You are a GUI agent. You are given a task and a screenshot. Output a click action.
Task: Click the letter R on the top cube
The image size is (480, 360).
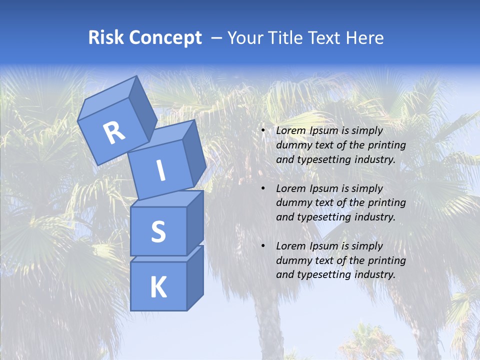(113, 133)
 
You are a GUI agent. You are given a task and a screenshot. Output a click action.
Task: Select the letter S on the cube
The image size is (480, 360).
(158, 232)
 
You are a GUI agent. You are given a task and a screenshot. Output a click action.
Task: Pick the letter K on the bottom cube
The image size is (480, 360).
(158, 287)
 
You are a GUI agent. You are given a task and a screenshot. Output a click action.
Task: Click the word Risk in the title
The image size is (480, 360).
(105, 37)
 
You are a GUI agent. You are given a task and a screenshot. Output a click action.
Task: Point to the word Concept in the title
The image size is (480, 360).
(164, 38)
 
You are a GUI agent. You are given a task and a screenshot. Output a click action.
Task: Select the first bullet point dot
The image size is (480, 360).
(263, 131)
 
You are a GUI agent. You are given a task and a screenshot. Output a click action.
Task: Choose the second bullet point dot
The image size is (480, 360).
(263, 189)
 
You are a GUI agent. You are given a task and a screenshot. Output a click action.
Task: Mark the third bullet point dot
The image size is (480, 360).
(263, 246)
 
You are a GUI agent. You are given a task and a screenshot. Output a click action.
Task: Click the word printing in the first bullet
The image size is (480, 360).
(386, 145)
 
